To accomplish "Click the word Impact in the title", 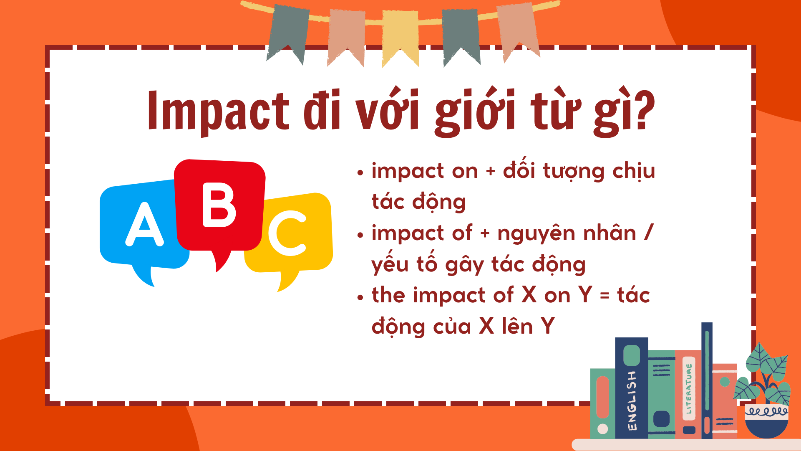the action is [218, 111].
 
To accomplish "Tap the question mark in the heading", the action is [643, 111].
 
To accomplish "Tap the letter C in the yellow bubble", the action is [287, 232].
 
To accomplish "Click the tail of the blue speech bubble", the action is [144, 276].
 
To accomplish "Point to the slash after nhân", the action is [648, 232].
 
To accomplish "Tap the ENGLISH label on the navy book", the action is [632, 400].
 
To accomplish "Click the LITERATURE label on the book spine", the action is [689, 389].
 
